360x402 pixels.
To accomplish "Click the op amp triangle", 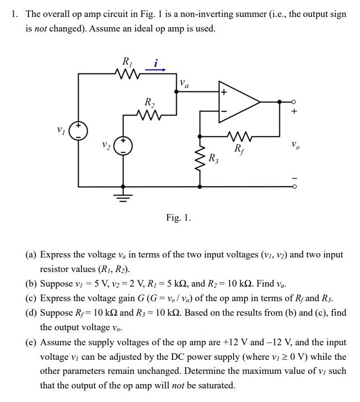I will [238, 102].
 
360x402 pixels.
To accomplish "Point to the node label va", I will [184, 84].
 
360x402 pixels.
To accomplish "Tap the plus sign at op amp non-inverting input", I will [223, 92].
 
